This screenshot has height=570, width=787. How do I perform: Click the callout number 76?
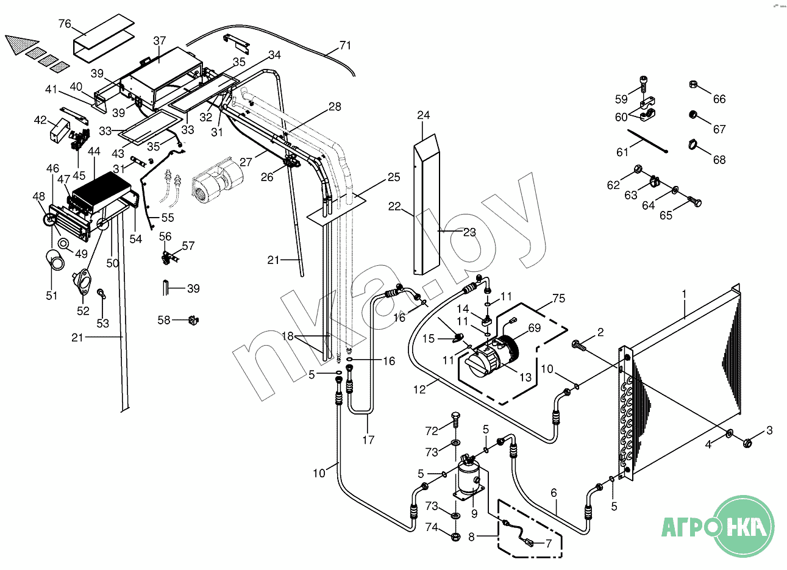(x=65, y=24)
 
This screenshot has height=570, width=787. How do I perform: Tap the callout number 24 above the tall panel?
(x=423, y=115)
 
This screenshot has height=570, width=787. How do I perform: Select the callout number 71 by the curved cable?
(x=345, y=46)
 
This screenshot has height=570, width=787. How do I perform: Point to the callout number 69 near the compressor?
(x=535, y=328)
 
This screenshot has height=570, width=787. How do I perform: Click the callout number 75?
(x=558, y=298)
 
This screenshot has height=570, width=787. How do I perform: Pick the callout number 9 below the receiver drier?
(x=474, y=514)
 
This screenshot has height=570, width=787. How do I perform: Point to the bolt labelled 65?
(x=694, y=202)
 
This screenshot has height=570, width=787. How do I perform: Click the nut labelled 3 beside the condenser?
(x=747, y=443)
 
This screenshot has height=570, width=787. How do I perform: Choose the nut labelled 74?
(x=456, y=536)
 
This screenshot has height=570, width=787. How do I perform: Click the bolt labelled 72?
(x=455, y=419)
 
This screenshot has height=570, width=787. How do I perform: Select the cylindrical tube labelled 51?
(x=55, y=259)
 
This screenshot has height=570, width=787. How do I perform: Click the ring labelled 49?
(x=64, y=243)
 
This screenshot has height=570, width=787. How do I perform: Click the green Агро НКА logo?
(x=719, y=526)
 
